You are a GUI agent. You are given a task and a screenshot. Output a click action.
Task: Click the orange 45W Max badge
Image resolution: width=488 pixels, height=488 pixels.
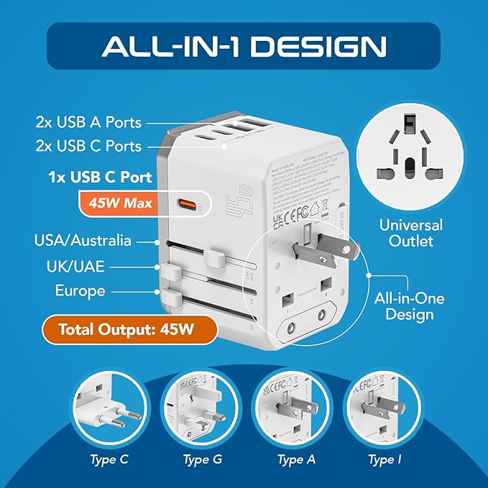click(121, 203)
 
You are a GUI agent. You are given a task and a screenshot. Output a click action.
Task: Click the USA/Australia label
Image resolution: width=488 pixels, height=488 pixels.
click(93, 241)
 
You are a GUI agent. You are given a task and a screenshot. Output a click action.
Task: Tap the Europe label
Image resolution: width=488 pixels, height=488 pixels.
click(80, 291)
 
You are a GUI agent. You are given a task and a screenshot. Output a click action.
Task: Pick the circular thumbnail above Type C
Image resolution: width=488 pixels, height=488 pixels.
click(112, 407)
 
